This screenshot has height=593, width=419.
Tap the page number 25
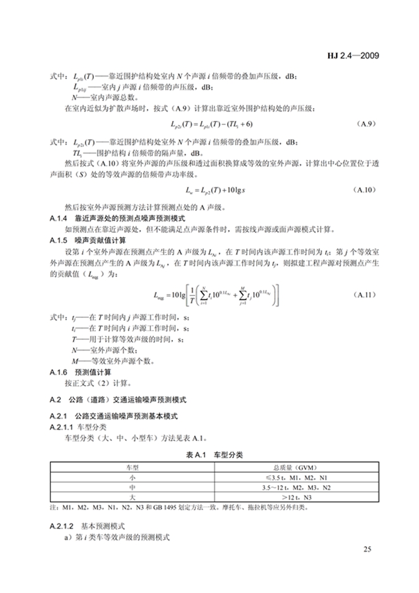tap(367, 549)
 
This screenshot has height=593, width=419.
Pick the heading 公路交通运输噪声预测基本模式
tap(127, 416)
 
